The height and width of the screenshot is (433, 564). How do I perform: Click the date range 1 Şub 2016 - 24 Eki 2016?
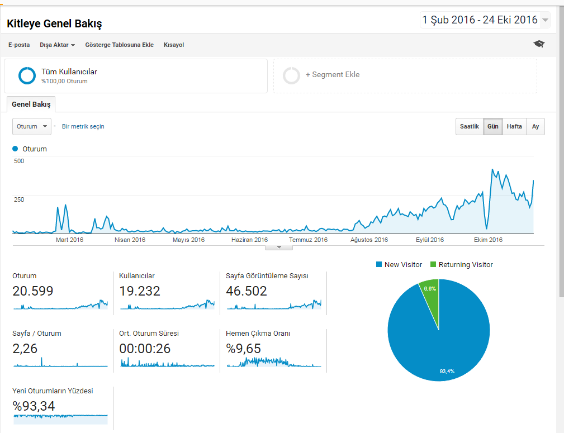[x=480, y=20]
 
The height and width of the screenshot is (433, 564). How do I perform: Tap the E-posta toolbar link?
[x=19, y=45]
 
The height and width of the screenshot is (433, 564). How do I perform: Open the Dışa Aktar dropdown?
[x=57, y=45]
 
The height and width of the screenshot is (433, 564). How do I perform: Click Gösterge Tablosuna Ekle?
[x=120, y=45]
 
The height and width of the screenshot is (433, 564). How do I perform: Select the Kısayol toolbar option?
[x=174, y=45]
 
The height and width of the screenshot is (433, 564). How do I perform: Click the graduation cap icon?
[x=539, y=44]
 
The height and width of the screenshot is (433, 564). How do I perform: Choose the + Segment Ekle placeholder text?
[x=333, y=74]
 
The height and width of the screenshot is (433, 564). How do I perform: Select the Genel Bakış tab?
[x=31, y=104]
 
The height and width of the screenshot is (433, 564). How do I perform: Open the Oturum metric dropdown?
[x=32, y=127]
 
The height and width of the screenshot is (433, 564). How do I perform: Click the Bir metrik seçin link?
[x=83, y=127]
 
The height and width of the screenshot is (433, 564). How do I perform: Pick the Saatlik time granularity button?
[x=470, y=127]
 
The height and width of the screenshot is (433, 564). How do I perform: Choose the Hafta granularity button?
[x=514, y=127]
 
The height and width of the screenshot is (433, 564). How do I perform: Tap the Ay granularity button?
[x=535, y=127]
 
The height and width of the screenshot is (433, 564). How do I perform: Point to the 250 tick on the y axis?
[x=19, y=199]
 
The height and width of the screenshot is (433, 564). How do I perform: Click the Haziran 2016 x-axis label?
[x=250, y=240]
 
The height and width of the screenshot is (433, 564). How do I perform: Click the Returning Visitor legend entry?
[x=462, y=265]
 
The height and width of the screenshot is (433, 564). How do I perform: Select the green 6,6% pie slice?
[x=430, y=295]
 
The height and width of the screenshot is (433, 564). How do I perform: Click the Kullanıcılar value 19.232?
[x=140, y=291]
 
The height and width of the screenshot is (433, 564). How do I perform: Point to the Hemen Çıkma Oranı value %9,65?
[x=243, y=349]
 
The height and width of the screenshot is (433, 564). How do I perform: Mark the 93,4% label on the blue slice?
[x=447, y=372]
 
